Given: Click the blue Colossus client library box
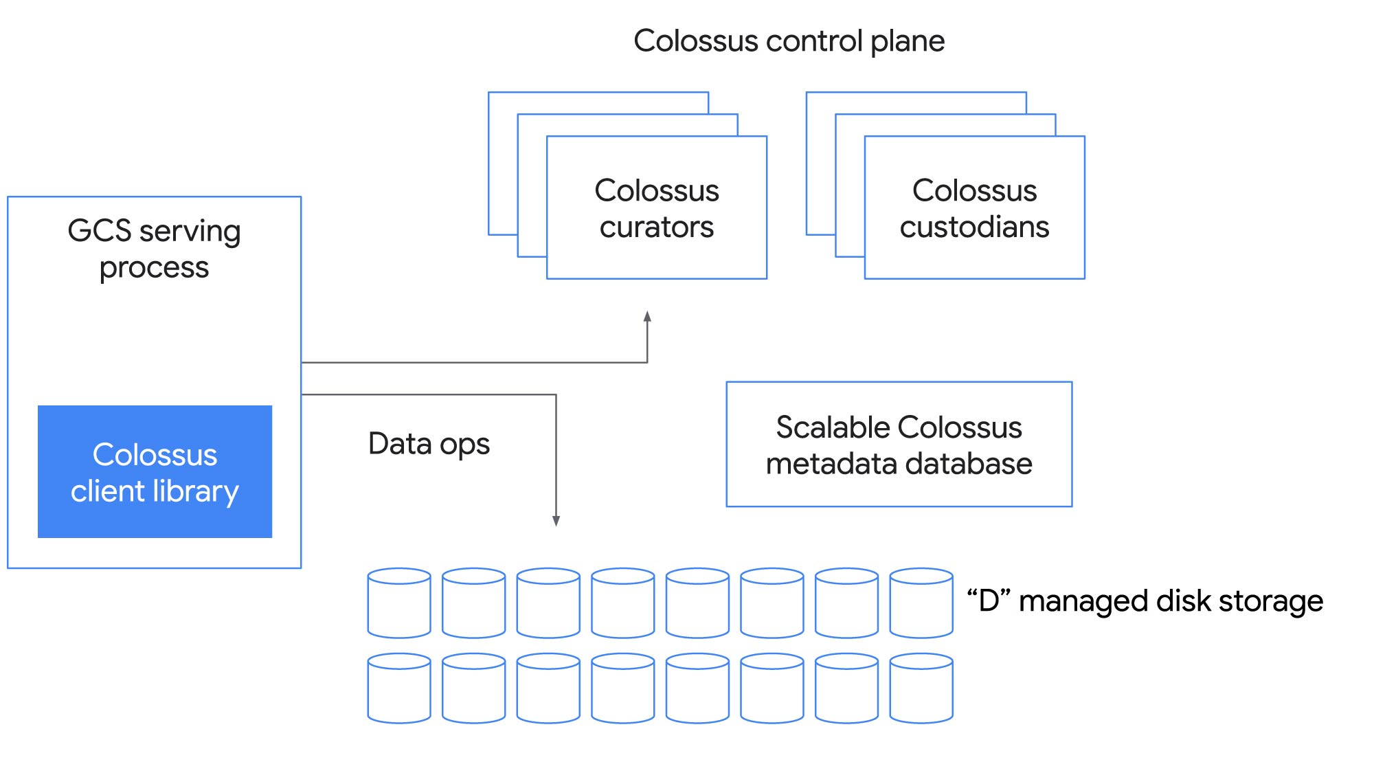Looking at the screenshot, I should click(155, 471).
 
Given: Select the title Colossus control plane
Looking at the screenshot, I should click(789, 41).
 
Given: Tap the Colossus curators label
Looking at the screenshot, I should click(656, 208).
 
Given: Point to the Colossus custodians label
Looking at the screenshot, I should click(974, 208).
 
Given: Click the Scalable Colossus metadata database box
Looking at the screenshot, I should click(899, 445).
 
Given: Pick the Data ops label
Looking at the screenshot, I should click(429, 444).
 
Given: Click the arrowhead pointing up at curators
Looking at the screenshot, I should click(647, 317).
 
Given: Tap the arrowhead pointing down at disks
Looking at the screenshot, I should click(556, 521).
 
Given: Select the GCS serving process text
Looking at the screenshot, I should click(154, 249).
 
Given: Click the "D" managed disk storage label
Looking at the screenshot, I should click(1145, 601).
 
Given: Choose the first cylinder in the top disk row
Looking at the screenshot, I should click(399, 603).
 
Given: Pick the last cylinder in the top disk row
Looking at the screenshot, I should click(921, 603).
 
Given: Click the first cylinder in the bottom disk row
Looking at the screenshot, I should click(399, 688).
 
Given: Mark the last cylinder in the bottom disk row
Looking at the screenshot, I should click(921, 688).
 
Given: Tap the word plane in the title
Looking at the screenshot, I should click(908, 42).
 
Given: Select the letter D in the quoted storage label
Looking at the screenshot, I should click(989, 601).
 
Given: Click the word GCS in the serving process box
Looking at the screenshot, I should click(99, 231).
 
